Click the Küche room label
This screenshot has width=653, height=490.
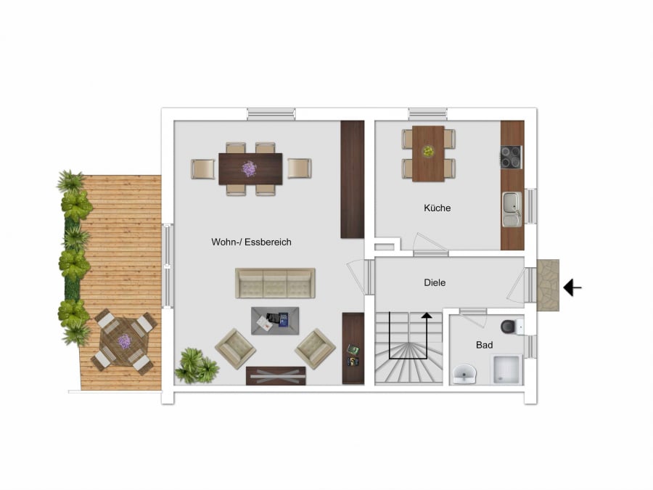click(x=438, y=208)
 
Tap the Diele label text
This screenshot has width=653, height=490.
click(x=435, y=282)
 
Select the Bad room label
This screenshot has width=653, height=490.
click(x=485, y=345)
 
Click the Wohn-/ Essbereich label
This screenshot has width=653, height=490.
click(x=251, y=242)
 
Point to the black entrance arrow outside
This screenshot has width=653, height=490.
click(x=572, y=287)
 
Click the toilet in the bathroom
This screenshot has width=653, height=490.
click(x=512, y=326)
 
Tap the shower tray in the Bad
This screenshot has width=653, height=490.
click(x=506, y=369)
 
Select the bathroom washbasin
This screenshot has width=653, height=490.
click(x=464, y=374)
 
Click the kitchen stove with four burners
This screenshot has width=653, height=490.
click(x=511, y=157)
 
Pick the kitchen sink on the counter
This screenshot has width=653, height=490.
click(x=512, y=209)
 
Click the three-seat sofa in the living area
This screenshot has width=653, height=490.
click(x=275, y=283)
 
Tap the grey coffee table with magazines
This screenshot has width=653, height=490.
click(x=275, y=321)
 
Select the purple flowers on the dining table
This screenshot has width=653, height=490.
click(x=249, y=168)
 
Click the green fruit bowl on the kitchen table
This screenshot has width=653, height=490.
click(x=427, y=150)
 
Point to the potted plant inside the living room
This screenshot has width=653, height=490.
click(x=197, y=365)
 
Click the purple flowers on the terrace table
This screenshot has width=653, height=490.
click(x=123, y=342)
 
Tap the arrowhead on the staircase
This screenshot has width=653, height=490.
click(x=427, y=316)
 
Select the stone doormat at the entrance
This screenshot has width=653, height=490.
click(x=548, y=285)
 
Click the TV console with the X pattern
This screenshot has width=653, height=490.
click(x=276, y=376)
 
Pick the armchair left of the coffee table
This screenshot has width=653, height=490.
click(x=235, y=348)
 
